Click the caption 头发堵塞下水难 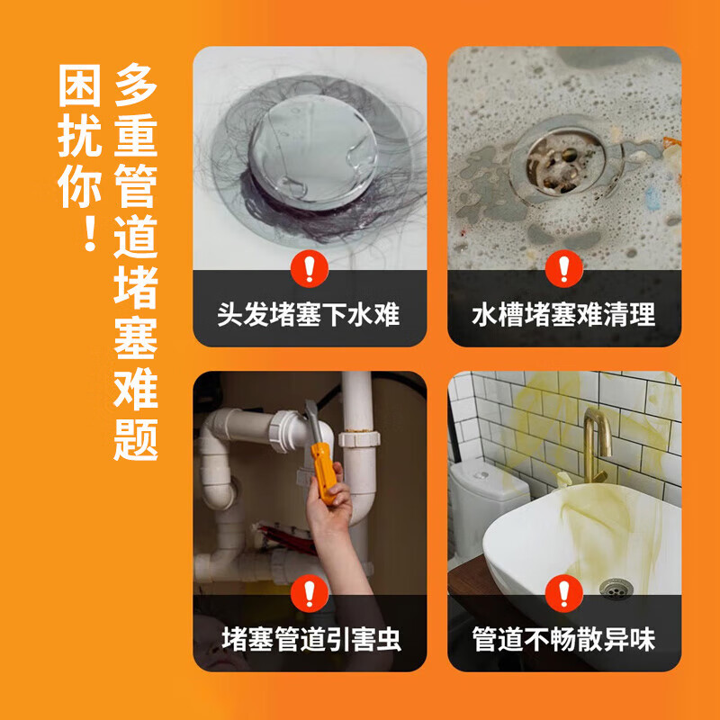pos(309,315)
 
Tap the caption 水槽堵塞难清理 pos(564,315)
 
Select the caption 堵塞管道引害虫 pos(309,640)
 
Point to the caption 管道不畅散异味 pos(564,640)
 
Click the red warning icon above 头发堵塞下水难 pos(309,267)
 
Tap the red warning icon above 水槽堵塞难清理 pos(564,267)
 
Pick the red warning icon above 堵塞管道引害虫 pos(309,593)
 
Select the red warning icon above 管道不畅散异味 pos(564,593)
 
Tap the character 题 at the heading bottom pos(136,438)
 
